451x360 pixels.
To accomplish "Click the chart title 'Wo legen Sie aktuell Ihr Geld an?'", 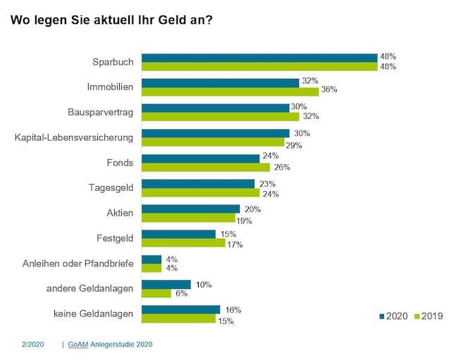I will [112, 20].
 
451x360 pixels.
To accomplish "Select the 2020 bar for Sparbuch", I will [259, 58].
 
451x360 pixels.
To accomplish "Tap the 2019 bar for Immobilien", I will [230, 91].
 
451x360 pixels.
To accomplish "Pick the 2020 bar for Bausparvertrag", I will [216, 108].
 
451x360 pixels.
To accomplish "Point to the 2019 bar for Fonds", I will [206, 168].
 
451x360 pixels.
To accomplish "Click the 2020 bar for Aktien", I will [191, 209].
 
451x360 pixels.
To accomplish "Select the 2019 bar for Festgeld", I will [183, 243].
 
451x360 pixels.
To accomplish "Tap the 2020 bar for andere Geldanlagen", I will [166, 285].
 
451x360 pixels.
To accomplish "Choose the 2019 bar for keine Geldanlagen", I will [178, 318].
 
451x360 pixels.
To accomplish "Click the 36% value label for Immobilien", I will [329, 90].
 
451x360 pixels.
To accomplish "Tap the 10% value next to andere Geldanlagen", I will [203, 285].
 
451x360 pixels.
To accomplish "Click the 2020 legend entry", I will [396, 316].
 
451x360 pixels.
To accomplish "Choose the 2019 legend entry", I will [428, 316].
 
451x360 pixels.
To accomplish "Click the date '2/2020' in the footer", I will [32, 345].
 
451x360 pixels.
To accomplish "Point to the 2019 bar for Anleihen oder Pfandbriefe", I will [152, 268].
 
